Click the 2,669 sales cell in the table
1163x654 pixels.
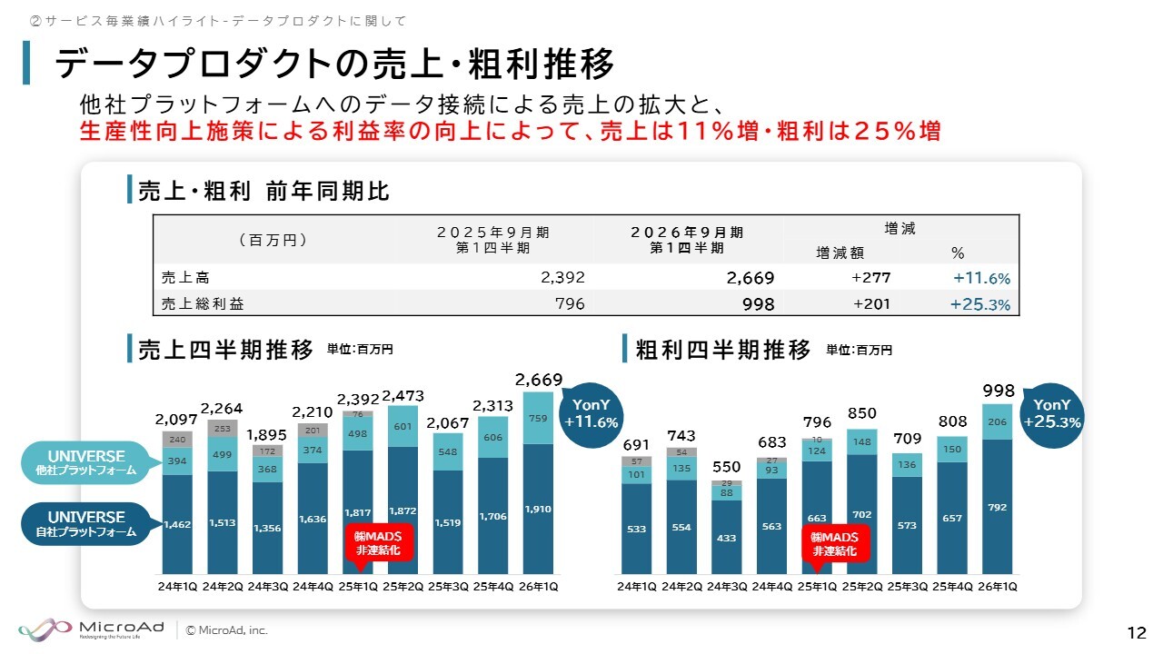[x=750, y=278]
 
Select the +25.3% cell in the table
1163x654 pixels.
[x=979, y=304]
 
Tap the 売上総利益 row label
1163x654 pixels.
[x=203, y=304]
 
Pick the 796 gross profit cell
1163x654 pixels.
[x=569, y=304]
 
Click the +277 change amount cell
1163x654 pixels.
[x=870, y=278]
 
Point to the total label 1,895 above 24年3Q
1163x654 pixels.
[x=269, y=434]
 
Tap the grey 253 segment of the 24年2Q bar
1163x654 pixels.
[x=224, y=427]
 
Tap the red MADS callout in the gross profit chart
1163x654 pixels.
[x=835, y=543]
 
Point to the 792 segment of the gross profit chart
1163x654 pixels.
[x=996, y=508]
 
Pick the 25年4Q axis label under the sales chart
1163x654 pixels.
[x=493, y=587]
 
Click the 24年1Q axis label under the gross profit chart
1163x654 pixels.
[x=636, y=587]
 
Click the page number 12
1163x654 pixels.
[x=1136, y=632]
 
